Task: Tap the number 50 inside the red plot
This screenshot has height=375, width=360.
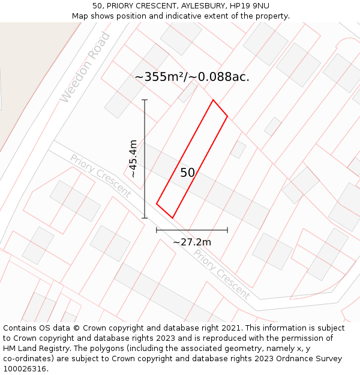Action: point(187,173)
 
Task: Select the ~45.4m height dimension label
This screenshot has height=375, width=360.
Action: point(133,158)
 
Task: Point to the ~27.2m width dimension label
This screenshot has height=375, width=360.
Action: point(192,242)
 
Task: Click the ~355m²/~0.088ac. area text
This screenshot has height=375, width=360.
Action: point(192,77)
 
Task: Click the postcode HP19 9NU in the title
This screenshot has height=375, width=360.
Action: point(252,6)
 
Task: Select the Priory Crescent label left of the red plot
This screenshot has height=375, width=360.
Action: point(100,175)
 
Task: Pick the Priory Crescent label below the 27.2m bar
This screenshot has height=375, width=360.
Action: point(221,274)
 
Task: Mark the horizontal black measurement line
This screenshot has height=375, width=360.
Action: point(192,230)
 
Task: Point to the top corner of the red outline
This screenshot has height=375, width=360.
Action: point(213,100)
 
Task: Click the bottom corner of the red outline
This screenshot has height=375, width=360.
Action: point(172,218)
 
